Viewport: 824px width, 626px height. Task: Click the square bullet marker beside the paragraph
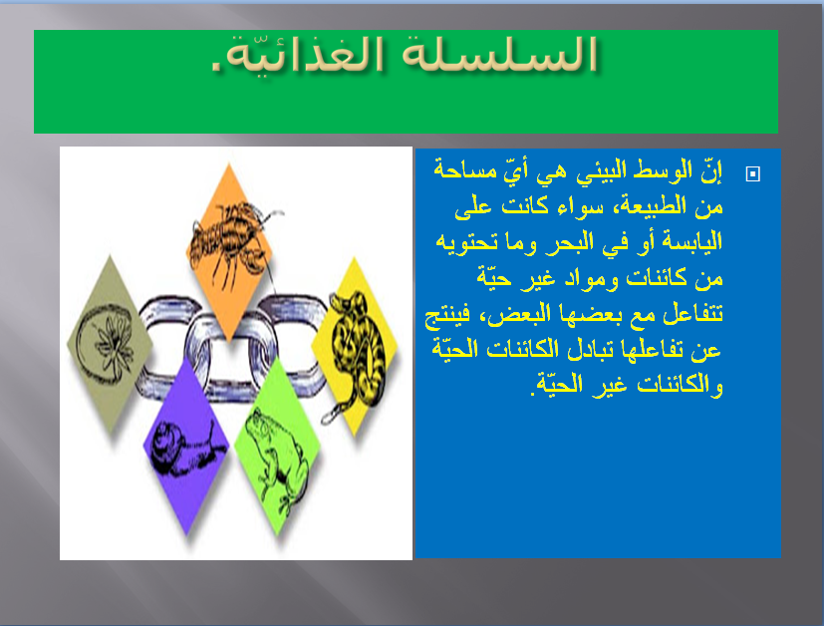[x=752, y=173]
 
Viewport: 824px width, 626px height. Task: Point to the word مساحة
[x=465, y=167]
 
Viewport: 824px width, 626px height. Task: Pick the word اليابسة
[x=688, y=241]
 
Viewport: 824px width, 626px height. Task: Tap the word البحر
[x=551, y=241]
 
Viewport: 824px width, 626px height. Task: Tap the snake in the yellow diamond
[x=357, y=334]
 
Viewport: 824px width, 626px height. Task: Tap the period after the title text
[x=217, y=69]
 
